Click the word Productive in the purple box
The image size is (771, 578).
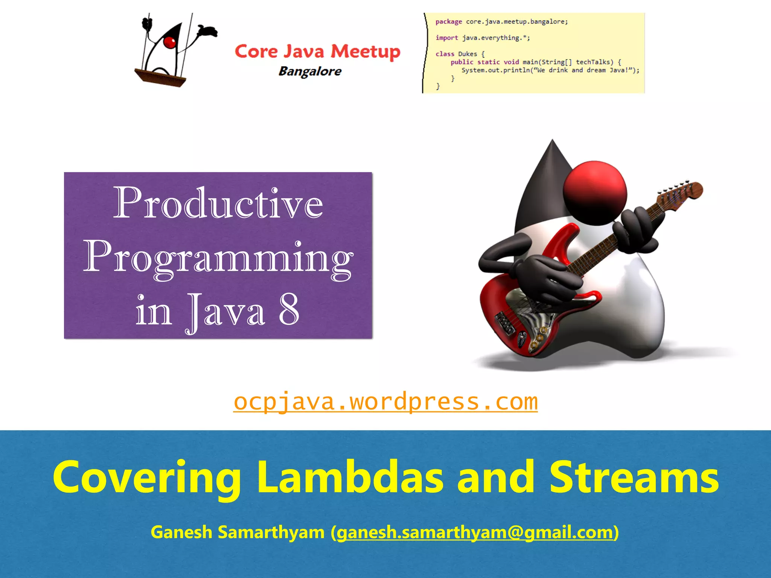(x=218, y=204)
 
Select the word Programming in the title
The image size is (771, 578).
(x=218, y=258)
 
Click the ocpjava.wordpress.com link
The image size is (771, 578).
(x=385, y=402)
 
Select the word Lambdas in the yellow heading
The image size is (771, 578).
(x=350, y=477)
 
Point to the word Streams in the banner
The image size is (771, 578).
(x=634, y=477)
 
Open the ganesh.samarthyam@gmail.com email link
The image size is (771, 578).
(x=475, y=532)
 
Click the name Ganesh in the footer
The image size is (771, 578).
(x=181, y=532)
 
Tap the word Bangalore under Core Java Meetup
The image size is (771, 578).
(x=310, y=71)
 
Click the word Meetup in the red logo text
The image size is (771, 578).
(x=365, y=52)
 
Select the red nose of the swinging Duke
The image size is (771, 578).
(x=170, y=42)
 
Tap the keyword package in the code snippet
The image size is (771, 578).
(x=448, y=22)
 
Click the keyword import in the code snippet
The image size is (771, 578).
(x=446, y=38)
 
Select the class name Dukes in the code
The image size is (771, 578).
(x=467, y=54)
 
